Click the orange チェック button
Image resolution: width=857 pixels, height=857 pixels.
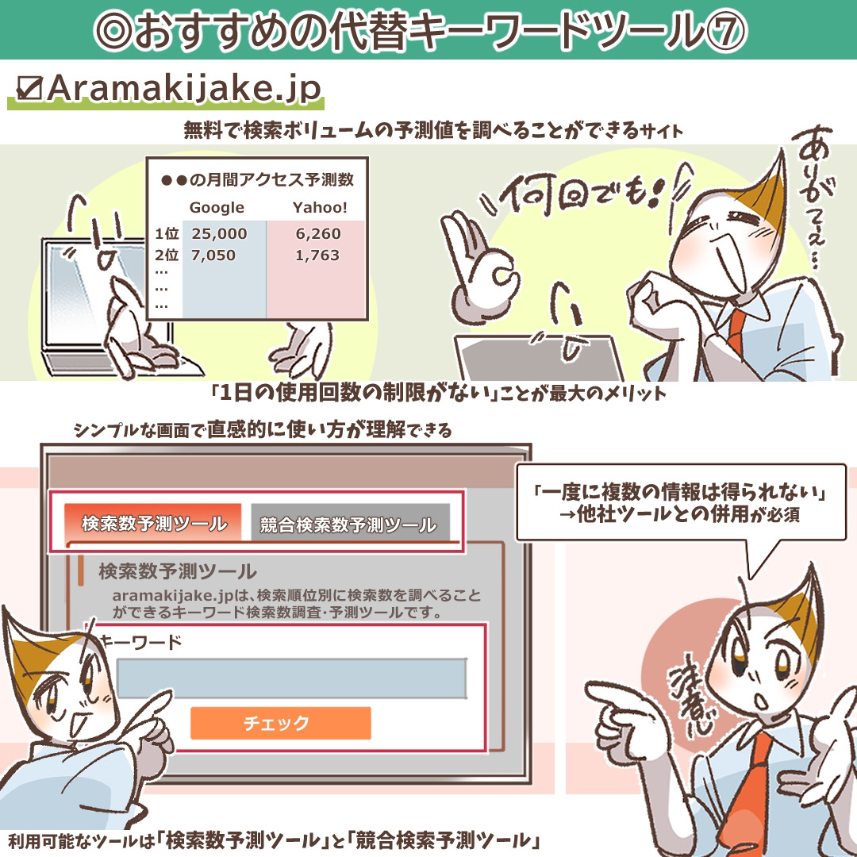point(280,723)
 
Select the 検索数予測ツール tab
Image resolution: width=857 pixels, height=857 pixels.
point(153,522)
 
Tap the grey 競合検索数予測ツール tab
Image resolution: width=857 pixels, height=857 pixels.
point(350,524)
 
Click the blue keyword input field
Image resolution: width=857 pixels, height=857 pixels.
point(292,678)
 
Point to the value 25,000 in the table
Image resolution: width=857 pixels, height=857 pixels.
point(219,233)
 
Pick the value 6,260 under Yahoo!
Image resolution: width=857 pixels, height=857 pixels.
point(318,233)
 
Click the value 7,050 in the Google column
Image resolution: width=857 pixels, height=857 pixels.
point(213,256)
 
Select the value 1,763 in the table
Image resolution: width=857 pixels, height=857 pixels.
point(317,256)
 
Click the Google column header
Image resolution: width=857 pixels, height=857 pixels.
point(217,207)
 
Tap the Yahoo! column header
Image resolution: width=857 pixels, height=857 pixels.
point(320,207)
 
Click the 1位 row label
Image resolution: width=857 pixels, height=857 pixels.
point(167,233)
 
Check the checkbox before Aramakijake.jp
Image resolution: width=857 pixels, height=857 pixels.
point(29,87)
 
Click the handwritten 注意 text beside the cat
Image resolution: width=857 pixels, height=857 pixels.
point(691,701)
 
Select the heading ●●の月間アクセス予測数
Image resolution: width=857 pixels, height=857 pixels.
point(257,179)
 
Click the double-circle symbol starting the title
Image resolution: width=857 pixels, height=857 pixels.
point(113,31)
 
